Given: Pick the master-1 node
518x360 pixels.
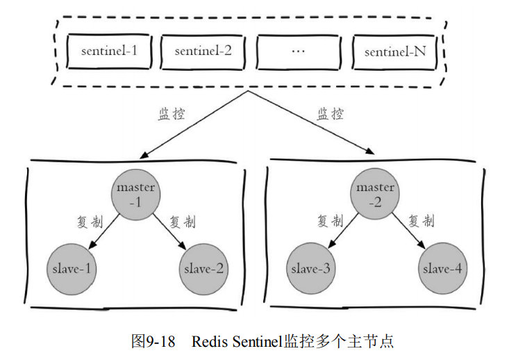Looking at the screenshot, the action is click(x=136, y=195).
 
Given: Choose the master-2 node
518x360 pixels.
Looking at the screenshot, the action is click(x=375, y=194).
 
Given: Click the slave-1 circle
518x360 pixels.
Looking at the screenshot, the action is click(x=72, y=269).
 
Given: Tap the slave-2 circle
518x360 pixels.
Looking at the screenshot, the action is click(x=203, y=269).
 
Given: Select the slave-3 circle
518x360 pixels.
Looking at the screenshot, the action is click(x=310, y=268).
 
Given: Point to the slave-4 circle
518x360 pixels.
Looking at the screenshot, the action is click(x=443, y=268).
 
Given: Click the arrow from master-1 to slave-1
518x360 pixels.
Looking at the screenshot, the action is click(x=104, y=231).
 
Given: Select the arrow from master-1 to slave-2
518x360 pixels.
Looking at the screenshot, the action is click(x=169, y=231).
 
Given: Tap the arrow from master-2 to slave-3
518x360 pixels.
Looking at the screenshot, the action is click(x=343, y=231).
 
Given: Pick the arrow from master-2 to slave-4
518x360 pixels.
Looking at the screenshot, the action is click(x=409, y=231).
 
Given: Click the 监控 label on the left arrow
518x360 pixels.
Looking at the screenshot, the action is click(x=172, y=114).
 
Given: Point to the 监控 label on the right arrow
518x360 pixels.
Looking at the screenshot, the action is click(x=331, y=114).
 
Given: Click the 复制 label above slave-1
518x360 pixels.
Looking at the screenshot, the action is click(x=90, y=222).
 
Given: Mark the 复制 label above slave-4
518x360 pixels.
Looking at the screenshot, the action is click(x=421, y=221).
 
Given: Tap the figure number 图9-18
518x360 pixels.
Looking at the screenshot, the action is click(x=153, y=341).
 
